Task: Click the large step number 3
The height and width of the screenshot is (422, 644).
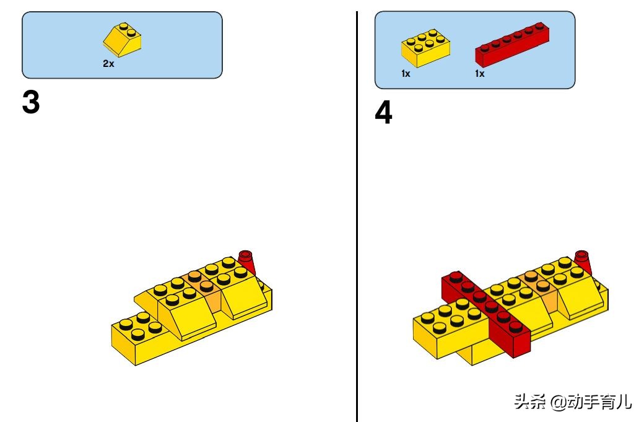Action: click(31, 102)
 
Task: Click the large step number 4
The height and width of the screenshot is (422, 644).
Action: click(383, 113)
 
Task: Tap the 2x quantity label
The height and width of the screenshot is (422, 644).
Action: click(108, 64)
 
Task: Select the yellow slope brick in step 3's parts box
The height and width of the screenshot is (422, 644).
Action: click(122, 40)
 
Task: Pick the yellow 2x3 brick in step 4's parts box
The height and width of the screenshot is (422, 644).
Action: click(425, 48)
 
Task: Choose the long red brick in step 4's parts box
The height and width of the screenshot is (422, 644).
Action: click(512, 45)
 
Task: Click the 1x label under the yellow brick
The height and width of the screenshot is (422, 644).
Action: click(406, 74)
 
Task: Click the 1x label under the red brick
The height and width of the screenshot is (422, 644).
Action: click(480, 74)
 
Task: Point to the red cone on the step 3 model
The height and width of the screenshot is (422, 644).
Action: click(247, 262)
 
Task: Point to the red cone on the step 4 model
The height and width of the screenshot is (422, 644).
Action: click(583, 262)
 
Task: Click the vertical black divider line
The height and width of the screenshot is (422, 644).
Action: click(357, 216)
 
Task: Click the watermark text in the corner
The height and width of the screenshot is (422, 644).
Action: click(573, 402)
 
